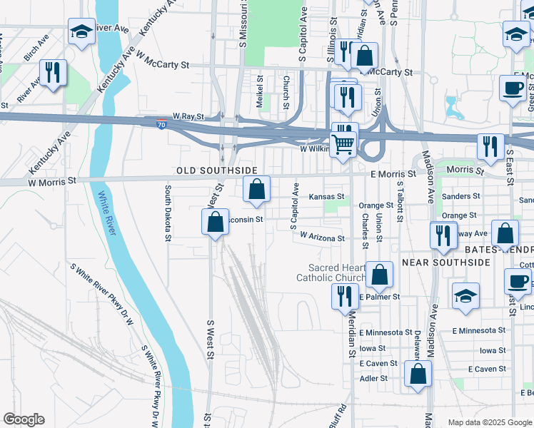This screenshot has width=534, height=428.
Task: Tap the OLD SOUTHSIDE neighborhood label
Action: coord(217,170)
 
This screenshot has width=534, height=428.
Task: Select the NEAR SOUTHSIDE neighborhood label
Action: coord(446,263)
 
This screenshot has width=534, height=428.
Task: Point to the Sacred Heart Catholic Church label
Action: coord(331,272)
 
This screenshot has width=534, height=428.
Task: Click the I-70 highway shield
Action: coord(163,124)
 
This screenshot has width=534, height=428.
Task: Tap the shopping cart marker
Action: coord(344,143)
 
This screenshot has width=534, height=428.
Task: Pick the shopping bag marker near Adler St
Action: coord(418,374)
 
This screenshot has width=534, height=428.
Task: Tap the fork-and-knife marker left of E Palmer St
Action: coord(345,296)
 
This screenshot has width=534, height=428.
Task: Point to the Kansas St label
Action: coord(326,196)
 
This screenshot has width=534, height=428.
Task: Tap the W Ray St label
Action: coord(188,116)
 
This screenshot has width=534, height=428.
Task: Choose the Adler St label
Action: coord(374,378)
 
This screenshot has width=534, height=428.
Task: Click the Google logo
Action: coord(24,419)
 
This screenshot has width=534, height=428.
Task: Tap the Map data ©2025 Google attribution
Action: coord(490,422)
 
